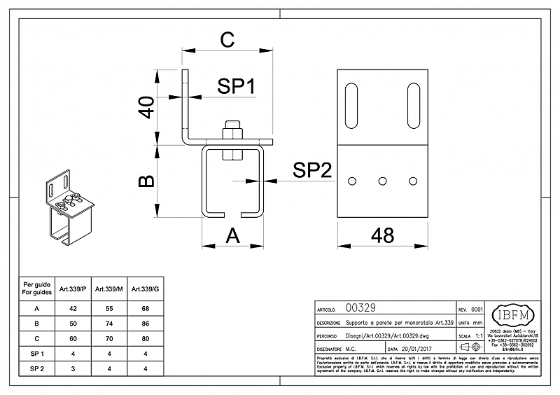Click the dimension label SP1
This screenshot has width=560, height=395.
pos(236,87)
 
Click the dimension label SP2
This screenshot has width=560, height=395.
pos(311,170)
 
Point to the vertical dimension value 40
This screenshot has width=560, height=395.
pos(146,108)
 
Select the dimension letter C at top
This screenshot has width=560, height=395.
pos(227,41)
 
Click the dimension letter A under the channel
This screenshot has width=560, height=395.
pos(233,236)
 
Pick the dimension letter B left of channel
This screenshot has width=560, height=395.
pos(146,181)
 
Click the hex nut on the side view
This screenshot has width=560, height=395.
pos(231,131)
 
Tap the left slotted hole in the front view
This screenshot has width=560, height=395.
pos(352,104)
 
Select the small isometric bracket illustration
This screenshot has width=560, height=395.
pos(69,209)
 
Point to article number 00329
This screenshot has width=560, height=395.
pos(362,308)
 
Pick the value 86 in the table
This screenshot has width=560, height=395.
pos(145,323)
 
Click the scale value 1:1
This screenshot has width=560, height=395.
pos(478,335)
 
